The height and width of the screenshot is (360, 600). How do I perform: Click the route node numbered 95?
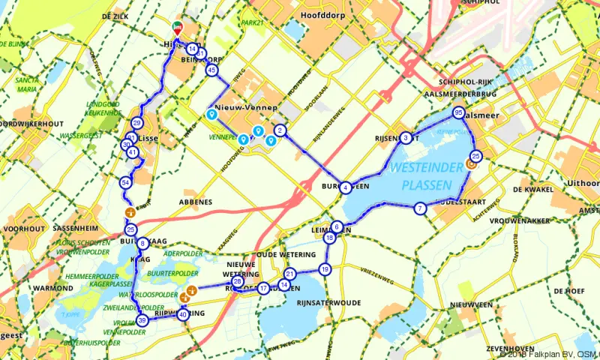point(458,113)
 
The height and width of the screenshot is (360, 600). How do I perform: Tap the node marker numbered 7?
point(420,208)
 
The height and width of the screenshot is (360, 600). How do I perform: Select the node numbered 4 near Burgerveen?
point(346,187)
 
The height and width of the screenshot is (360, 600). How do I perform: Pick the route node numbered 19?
point(325,268)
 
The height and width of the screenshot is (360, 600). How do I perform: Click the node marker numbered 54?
point(125,182)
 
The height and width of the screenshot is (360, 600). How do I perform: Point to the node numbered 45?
point(212,70)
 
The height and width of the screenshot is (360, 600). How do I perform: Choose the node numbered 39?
point(142,320)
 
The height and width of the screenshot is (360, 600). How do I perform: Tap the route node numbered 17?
point(263,289)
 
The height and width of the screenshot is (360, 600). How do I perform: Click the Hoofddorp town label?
point(320,14)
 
